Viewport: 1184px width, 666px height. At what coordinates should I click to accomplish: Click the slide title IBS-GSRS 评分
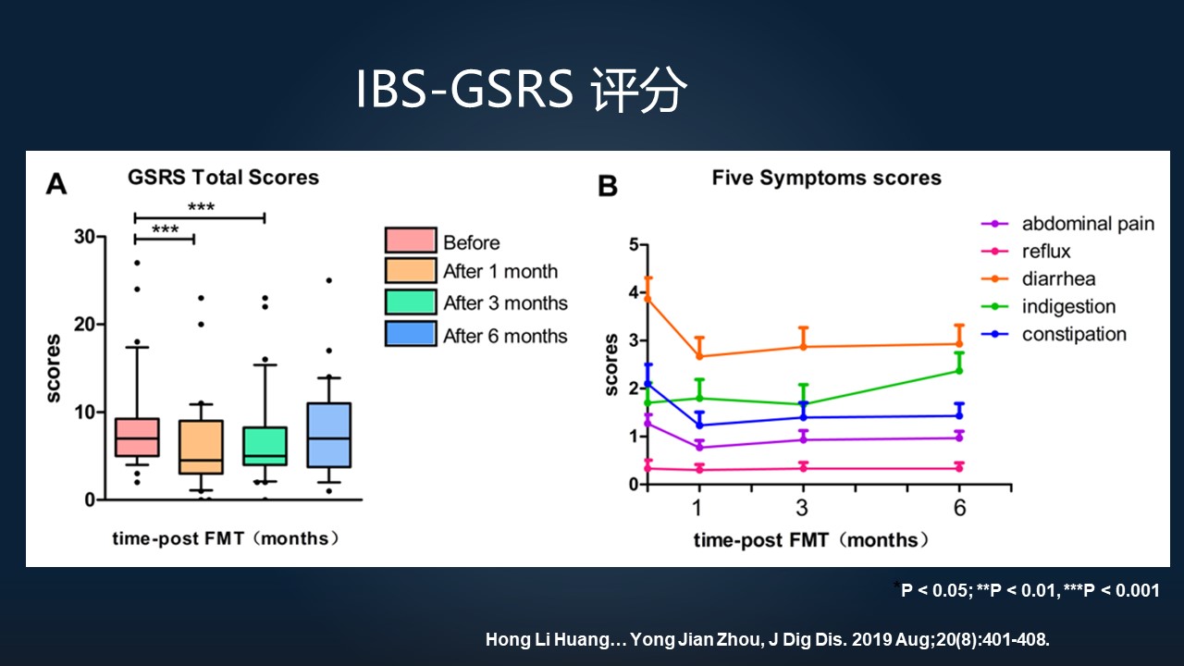pyautogui.click(x=523, y=91)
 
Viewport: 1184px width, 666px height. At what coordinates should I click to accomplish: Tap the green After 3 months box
pyautogui.click(x=265, y=446)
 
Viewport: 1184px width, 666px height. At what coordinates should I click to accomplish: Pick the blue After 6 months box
pyautogui.click(x=328, y=435)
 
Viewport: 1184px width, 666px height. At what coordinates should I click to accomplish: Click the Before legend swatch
pyautogui.click(x=410, y=240)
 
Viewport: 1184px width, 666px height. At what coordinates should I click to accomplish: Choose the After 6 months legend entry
pyautogui.click(x=504, y=336)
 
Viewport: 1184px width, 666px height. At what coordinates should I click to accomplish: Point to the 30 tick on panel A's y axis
pyautogui.click(x=84, y=237)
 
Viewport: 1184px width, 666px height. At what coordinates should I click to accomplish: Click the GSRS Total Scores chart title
pyautogui.click(x=223, y=178)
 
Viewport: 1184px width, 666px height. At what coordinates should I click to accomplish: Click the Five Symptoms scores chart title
pyautogui.click(x=826, y=178)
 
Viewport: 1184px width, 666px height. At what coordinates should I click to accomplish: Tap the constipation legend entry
pyautogui.click(x=1073, y=335)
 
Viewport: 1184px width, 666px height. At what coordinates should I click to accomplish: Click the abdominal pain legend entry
pyautogui.click(x=1088, y=224)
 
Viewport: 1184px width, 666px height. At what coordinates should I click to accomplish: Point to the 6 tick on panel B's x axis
pyautogui.click(x=959, y=508)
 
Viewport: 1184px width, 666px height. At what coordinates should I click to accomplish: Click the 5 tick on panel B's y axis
pyautogui.click(x=633, y=245)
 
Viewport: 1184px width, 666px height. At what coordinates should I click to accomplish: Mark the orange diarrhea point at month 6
pyautogui.click(x=959, y=344)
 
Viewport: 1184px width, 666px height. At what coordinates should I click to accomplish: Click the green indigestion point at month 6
pyautogui.click(x=959, y=371)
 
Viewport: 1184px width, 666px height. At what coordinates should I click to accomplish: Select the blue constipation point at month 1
pyautogui.click(x=699, y=425)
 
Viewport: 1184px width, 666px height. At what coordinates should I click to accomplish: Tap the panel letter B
pyautogui.click(x=608, y=186)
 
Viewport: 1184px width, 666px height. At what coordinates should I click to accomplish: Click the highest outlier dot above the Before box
pyautogui.click(x=137, y=263)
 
